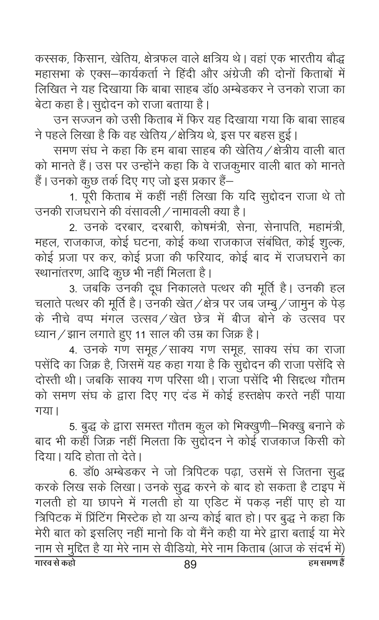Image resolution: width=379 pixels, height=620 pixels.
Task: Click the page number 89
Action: point(190,565)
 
